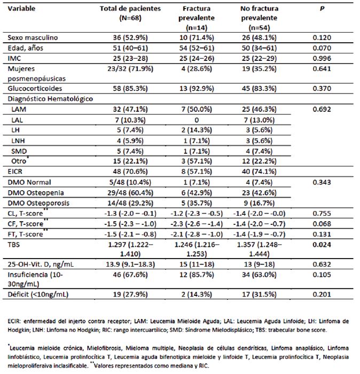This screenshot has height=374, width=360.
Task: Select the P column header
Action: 322,9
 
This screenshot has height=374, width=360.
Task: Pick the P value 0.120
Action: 322,38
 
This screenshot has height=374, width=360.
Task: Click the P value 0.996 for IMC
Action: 322,58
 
